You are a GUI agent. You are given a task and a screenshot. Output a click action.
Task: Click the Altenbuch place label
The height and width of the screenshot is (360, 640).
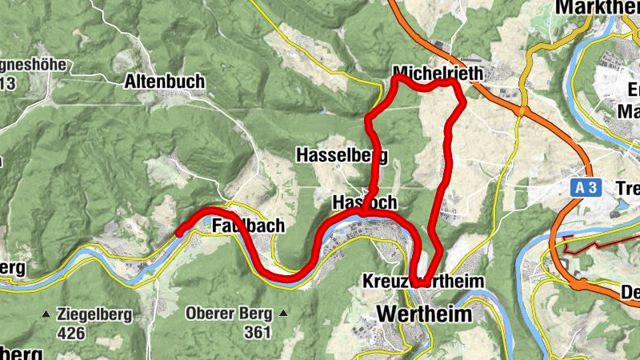(165, 82)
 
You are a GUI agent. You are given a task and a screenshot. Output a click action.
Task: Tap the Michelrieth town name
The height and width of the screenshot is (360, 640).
(439, 74)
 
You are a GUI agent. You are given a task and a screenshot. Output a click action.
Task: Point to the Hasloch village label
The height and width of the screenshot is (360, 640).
(365, 202)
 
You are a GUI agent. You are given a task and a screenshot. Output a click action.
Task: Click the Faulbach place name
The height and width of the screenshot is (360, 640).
(248, 226)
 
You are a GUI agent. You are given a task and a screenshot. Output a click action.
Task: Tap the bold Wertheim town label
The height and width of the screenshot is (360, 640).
(423, 314)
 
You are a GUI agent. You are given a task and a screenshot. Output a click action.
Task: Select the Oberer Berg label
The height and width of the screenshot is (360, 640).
(228, 313)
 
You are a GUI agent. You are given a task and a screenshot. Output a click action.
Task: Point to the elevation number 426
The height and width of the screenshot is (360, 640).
(70, 330)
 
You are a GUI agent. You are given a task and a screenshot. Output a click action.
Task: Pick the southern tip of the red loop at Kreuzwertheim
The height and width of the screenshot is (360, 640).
(417, 283)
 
